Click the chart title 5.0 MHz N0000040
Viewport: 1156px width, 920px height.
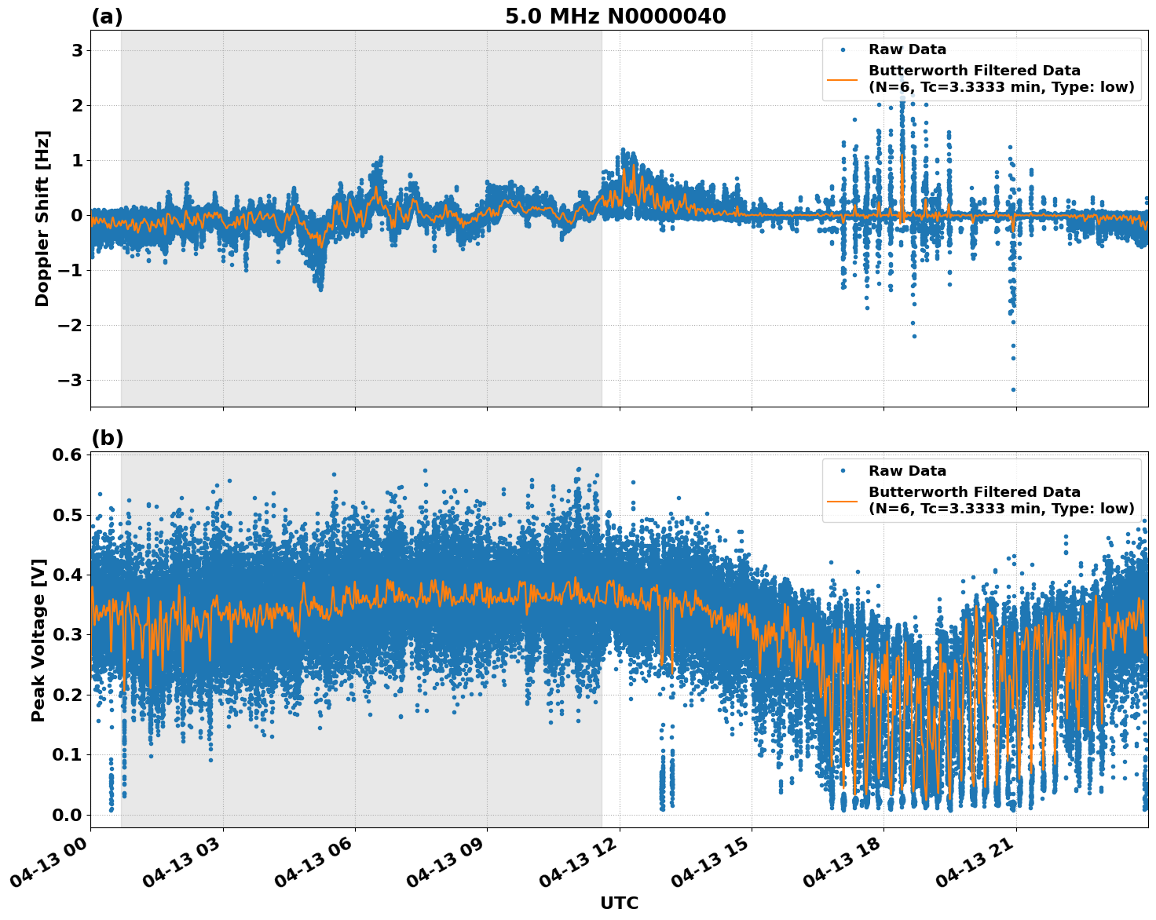pos(615,16)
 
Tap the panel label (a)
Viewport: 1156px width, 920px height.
pos(107,16)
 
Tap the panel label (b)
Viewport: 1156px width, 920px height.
pos(107,438)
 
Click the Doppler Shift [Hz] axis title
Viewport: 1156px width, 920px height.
pos(42,218)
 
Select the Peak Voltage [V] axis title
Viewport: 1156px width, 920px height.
pos(38,640)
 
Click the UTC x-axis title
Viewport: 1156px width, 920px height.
pos(619,903)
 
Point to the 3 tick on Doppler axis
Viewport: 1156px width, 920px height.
pos(77,50)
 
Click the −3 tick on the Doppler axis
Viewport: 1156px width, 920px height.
pos(71,380)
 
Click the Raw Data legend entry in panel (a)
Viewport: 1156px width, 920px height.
pos(907,49)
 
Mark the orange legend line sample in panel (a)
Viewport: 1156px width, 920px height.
pos(843,78)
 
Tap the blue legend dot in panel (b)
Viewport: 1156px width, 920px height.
pos(843,471)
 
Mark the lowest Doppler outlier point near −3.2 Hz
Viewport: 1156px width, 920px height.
pos(1013,389)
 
